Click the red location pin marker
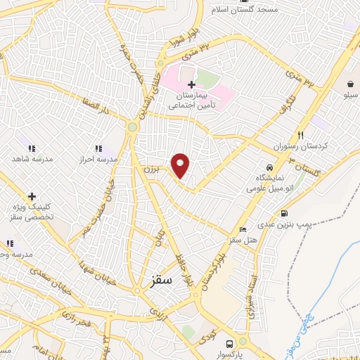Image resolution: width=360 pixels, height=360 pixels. [181, 165]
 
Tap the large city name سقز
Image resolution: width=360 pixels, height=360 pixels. [162, 279]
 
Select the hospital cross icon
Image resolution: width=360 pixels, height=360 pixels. [192, 85]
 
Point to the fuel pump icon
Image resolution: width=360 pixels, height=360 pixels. [284, 214]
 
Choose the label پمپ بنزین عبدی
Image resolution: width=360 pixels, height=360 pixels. [283, 224]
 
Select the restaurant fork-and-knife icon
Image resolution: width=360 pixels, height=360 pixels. [301, 135]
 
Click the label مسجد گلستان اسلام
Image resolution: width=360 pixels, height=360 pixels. [248, 9]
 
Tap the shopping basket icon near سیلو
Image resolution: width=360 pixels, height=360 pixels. [349, 84]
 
